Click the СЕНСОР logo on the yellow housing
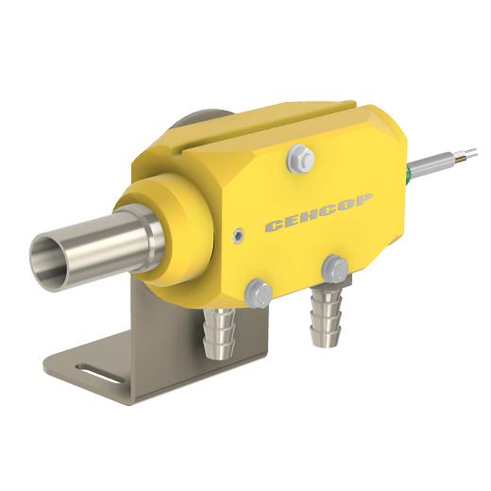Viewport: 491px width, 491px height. [319, 213]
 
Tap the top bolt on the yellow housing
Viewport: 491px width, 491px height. [300, 160]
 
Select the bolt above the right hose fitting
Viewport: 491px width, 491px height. [336, 269]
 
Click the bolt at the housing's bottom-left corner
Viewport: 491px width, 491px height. [258, 293]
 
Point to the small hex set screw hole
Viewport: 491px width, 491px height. [239, 234]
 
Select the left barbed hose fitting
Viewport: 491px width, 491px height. [220, 333]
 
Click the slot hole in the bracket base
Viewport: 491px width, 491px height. [100, 374]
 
